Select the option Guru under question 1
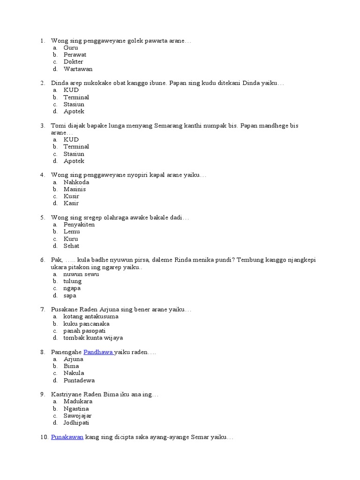71,48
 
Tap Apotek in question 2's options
74,112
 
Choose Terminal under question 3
76,147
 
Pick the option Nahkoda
76,182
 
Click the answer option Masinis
75,189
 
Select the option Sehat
71,246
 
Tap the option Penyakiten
79,225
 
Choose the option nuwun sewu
81,274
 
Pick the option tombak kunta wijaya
93,338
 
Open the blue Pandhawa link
98,352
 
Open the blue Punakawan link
67,437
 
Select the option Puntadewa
79,381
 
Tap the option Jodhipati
76,423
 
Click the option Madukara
78,402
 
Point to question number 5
42,217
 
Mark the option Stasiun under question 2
74,105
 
